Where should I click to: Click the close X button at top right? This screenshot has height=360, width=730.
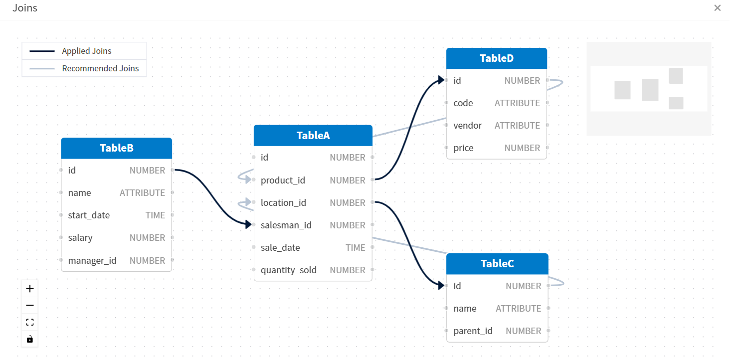pos(717,8)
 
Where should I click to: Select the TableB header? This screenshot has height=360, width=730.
pos(116,148)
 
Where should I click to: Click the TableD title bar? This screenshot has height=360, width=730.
pos(496,58)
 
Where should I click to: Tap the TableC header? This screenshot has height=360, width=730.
pos(497,264)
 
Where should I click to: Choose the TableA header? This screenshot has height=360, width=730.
pos(313,136)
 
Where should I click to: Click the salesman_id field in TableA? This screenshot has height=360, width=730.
pos(286,225)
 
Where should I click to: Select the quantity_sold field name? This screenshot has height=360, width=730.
pos(288,270)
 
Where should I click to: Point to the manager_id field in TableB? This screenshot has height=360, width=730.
pos(92,261)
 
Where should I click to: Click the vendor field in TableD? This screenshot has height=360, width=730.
pos(467,126)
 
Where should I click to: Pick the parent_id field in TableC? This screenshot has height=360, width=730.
pos(473,331)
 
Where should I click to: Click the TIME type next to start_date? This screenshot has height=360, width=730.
pos(155,215)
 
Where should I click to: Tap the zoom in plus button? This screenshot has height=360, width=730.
pos(30,289)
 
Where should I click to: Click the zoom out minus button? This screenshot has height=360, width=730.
pos(30,305)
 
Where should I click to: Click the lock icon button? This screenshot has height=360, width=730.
pos(30,339)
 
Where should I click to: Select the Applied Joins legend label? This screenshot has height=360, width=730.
pos(86,51)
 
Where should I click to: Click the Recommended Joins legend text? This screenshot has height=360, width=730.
pos(100,68)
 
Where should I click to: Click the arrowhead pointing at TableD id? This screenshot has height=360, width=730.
pos(441,80)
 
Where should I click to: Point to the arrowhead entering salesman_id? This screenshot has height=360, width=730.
pos(248,225)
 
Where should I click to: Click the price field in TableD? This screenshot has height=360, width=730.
pos(463,148)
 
